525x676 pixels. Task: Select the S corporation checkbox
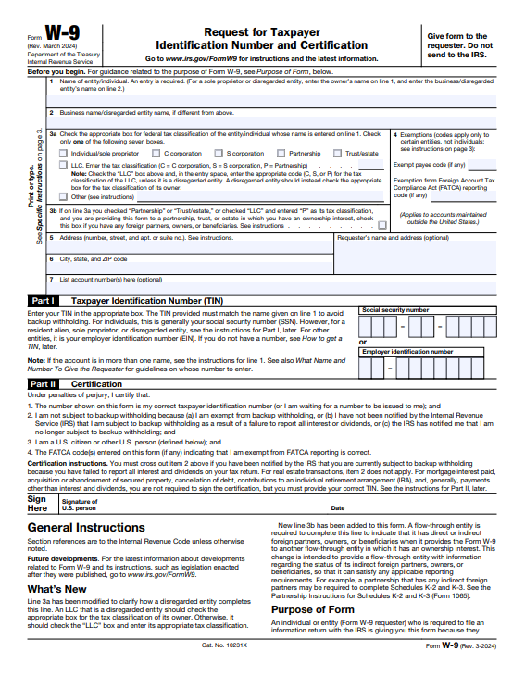pos(220,153)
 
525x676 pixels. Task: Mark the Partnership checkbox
pos(281,153)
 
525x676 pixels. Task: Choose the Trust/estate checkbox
pos(338,153)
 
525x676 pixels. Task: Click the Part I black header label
pos(44,301)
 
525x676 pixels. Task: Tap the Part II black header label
pos(44,383)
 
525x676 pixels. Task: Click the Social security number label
pos(394,310)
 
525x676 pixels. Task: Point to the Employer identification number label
pos(407,352)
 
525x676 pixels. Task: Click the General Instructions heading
pos(86,528)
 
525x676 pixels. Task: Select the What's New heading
pos(57,589)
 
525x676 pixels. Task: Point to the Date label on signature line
pos(337,508)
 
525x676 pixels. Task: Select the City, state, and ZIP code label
pos(93,258)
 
